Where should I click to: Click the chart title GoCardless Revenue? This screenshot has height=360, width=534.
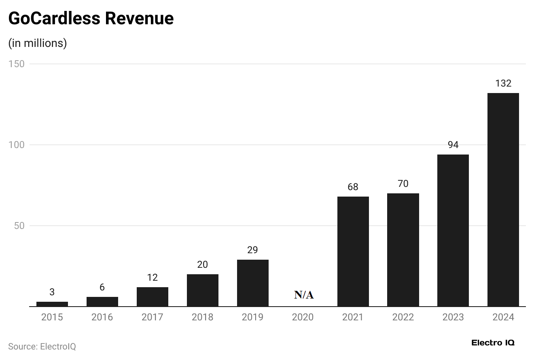[x=91, y=19]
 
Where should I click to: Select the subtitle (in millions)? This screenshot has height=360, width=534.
[x=38, y=43]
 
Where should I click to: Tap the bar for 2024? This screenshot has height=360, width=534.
[x=503, y=199]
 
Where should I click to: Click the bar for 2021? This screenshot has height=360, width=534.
[x=353, y=251]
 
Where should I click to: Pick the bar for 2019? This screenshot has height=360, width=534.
[x=252, y=283]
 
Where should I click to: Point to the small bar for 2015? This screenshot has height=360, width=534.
[x=52, y=304]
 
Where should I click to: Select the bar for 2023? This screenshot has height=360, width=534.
[x=453, y=230]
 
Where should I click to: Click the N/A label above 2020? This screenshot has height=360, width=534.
[x=304, y=295]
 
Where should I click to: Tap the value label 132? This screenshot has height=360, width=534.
[x=503, y=83]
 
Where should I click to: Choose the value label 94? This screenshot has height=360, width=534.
[x=453, y=145]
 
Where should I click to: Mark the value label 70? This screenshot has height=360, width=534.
[x=403, y=184]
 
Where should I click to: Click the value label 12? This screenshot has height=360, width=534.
[x=152, y=277]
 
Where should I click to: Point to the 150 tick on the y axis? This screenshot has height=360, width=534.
[x=17, y=64]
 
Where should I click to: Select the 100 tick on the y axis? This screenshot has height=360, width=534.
[x=17, y=145]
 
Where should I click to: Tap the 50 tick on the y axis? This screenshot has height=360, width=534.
[x=19, y=226]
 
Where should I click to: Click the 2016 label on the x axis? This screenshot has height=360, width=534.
[x=102, y=317]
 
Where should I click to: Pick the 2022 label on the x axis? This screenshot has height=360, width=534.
[x=403, y=317]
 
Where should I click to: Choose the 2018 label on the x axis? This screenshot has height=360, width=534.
[x=202, y=317]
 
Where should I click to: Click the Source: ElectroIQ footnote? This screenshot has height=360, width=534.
[x=42, y=347]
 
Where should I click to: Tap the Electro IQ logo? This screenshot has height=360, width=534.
[x=493, y=343]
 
